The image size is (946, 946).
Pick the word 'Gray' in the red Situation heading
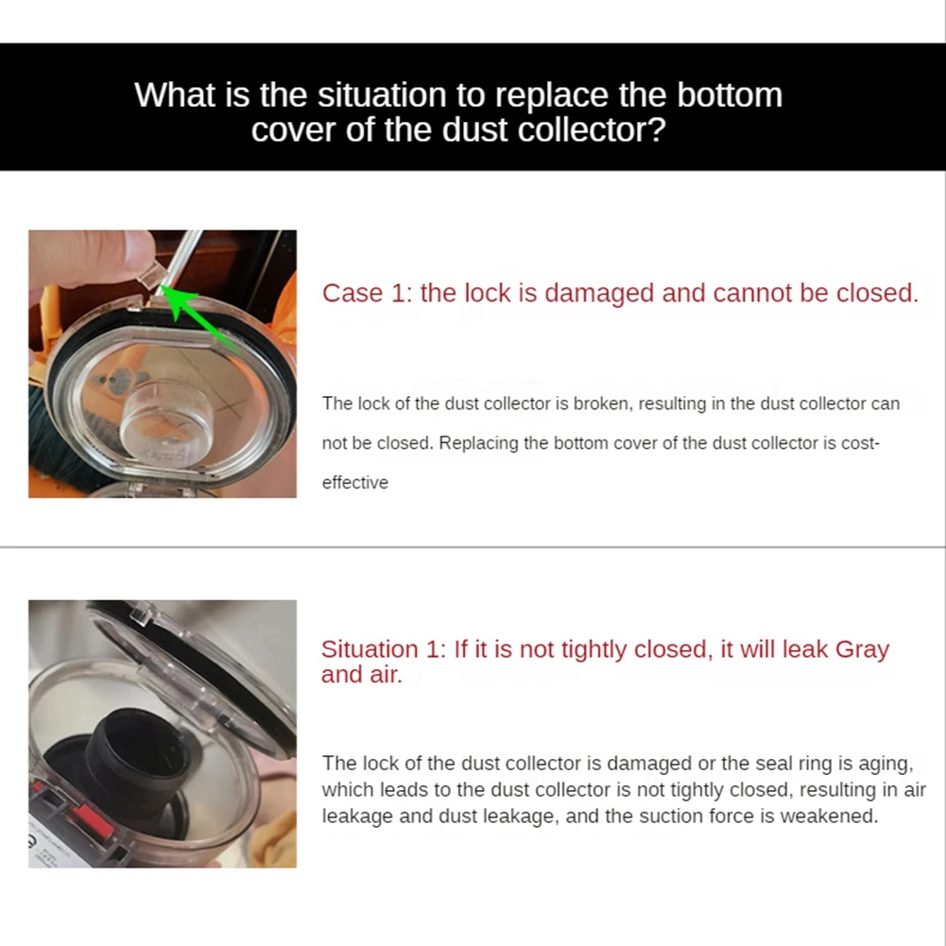pyautogui.click(x=862, y=649)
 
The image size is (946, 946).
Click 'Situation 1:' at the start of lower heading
pyautogui.click(x=384, y=649)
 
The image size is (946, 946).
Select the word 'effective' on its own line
pyautogui.click(x=355, y=483)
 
